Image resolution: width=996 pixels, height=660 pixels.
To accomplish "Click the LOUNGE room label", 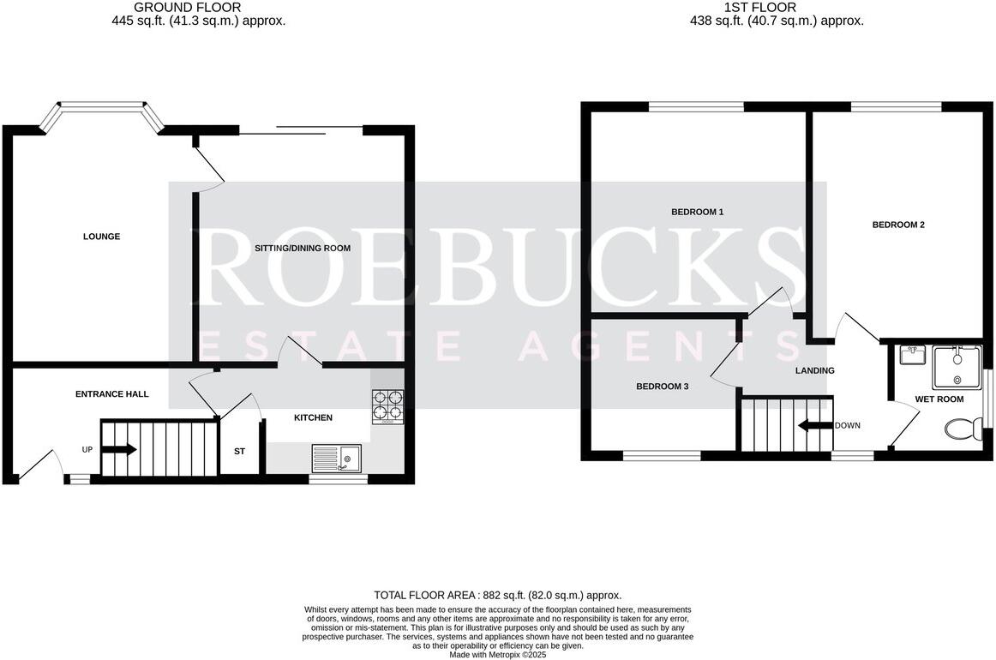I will (101, 237).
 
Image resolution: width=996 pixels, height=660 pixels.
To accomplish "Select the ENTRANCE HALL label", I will (112, 394).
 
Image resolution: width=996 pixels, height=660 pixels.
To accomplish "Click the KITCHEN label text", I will (313, 417).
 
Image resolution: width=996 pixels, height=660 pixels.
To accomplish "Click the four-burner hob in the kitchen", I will (387, 407).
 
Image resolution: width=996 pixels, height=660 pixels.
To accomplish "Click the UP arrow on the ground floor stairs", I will (121, 449).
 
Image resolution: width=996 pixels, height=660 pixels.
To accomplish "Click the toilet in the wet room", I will (963, 427).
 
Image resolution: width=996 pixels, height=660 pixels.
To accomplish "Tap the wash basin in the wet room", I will (910, 354).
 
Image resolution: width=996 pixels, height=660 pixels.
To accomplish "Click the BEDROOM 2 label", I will (898, 225).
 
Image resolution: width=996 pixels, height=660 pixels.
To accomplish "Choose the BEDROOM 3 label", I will (662, 387).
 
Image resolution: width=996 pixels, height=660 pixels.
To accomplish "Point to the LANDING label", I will (814, 371).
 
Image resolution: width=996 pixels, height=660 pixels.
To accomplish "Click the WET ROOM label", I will (939, 399).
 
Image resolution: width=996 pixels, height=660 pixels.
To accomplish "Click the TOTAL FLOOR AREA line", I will (497, 595).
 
